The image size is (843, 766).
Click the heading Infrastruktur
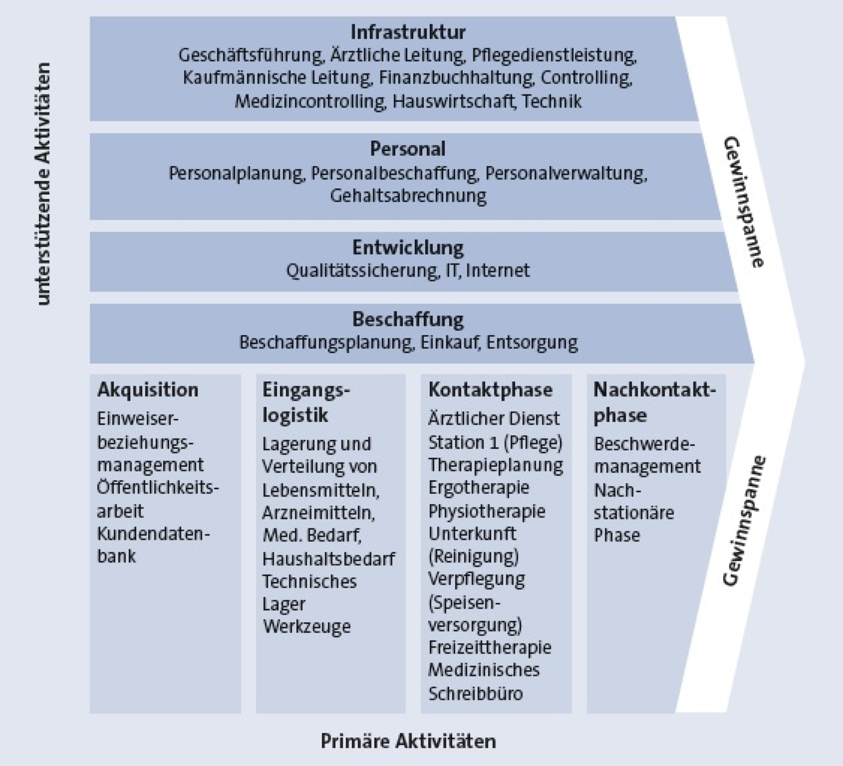coord(408,32)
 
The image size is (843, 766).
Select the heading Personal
coord(408,149)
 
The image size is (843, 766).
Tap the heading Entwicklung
coord(408,247)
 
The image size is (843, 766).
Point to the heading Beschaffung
coord(408,319)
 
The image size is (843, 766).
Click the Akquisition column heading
coord(148,390)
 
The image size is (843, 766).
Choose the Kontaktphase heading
coord(490,390)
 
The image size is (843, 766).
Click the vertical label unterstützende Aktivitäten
coord(43,184)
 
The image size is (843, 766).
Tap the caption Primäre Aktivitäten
coord(408,741)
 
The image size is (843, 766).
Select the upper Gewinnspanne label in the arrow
coord(745,202)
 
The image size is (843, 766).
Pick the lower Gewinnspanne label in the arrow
coord(745,520)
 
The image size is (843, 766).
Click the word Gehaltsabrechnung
coord(408,196)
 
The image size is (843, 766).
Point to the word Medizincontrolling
coord(310,101)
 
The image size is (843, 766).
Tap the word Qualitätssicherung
coord(362,271)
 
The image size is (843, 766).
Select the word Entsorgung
coord(532,342)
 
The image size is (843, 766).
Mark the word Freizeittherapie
coord(490,647)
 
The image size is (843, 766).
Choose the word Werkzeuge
coord(306,626)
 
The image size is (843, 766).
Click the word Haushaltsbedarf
coord(328,559)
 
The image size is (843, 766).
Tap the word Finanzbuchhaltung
coord(456,78)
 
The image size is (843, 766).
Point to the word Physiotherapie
coord(487,511)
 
